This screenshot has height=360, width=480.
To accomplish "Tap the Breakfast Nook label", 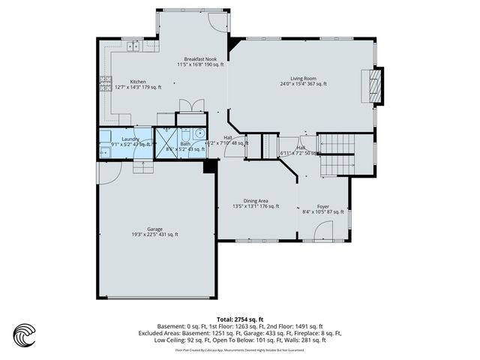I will click(200, 59).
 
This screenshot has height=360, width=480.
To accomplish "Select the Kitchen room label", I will click(138, 82).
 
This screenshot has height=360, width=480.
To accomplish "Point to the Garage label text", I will click(155, 229).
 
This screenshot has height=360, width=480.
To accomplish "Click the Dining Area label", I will click(256, 200).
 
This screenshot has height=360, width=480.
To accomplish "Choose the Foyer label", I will click(323, 206).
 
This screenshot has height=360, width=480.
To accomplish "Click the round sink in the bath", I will click(199, 135).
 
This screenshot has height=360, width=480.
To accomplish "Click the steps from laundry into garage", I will click(142, 166).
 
